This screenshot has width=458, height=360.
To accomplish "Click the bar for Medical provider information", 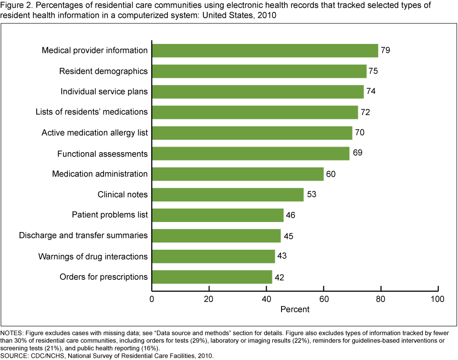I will click(265, 51).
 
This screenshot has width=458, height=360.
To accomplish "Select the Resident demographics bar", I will click(259, 71).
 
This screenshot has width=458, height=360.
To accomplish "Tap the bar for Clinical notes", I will click(228, 195).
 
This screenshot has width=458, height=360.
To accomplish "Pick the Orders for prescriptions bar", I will click(212, 277).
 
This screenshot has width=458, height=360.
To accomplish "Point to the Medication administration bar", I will click(238, 174).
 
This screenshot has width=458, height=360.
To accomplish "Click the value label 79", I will click(385, 50).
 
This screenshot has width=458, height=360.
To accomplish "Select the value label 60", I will click(331, 174).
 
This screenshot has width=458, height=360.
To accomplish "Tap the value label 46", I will click(291, 215).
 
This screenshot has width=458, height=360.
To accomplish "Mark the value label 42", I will click(280, 277).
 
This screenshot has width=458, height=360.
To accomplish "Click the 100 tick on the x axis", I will click(437, 299).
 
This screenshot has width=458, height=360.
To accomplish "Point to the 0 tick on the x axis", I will click(152, 299).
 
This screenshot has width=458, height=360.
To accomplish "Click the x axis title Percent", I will click(295, 309).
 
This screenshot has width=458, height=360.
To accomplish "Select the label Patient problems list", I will click(110, 215).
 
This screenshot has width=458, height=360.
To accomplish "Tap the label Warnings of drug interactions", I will click(93, 256).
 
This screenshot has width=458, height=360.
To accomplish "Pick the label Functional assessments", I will click(103, 154).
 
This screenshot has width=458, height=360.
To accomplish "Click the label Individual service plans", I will click(104, 92).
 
